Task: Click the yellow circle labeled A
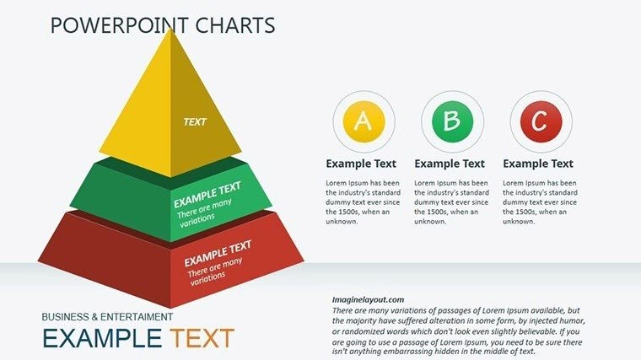pyautogui.click(x=362, y=121)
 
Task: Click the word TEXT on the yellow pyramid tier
pyautogui.click(x=195, y=121)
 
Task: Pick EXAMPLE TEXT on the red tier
pyautogui.click(x=218, y=251)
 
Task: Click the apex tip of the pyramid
pyautogui.click(x=171, y=30)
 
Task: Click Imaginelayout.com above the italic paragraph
pyautogui.click(x=368, y=299)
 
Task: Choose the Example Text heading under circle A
pyautogui.click(x=361, y=164)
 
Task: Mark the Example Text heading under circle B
pyautogui.click(x=450, y=164)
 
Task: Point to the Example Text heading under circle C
pyautogui.click(x=538, y=164)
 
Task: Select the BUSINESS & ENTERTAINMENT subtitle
pyautogui.click(x=108, y=317)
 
